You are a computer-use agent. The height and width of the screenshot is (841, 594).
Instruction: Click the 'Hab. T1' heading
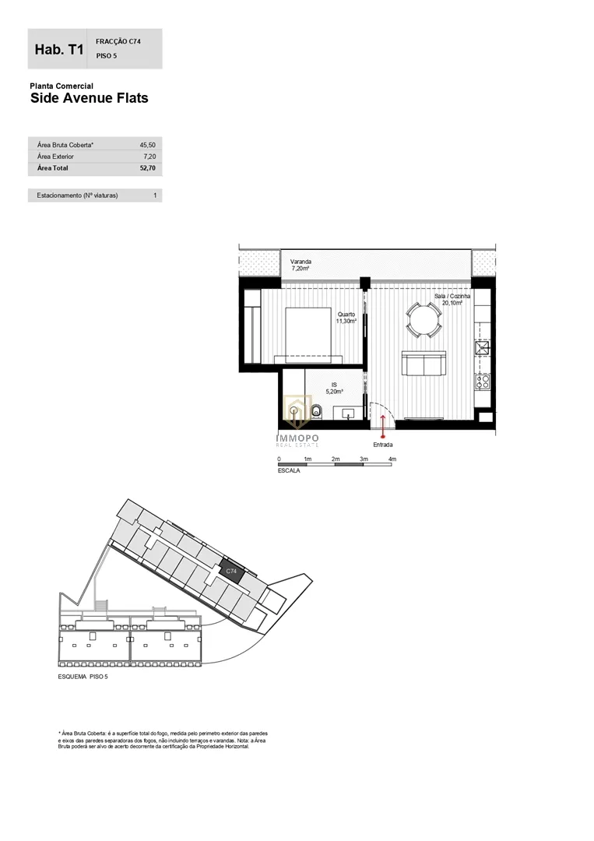click(59, 49)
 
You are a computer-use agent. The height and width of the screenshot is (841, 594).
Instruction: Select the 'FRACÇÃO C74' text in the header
click(118, 41)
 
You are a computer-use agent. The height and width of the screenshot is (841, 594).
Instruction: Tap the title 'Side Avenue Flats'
click(89, 98)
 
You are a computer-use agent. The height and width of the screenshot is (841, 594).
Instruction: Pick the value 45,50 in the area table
click(147, 145)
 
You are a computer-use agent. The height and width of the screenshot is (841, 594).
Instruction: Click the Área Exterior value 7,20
click(149, 157)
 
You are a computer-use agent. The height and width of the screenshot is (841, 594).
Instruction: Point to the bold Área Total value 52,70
click(147, 168)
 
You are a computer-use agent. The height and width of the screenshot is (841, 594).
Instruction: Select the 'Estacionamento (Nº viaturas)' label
click(77, 195)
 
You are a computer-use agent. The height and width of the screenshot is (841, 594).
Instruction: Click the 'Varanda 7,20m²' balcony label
click(301, 265)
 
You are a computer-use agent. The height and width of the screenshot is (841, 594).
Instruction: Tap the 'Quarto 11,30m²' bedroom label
click(346, 318)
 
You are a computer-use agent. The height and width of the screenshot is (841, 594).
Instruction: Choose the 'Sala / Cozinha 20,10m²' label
click(452, 299)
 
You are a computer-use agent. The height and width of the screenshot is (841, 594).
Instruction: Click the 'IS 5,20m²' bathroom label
click(334, 389)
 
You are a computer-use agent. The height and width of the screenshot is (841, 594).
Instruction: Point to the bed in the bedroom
click(308, 336)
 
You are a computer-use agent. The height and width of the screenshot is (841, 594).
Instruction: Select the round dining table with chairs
click(424, 320)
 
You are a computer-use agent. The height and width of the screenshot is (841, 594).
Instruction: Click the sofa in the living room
click(424, 364)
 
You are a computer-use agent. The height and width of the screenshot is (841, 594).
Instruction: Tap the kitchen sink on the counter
click(483, 347)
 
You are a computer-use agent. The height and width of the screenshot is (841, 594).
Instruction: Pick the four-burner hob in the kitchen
click(483, 382)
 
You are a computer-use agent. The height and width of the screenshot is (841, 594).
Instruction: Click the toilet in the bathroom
click(316, 412)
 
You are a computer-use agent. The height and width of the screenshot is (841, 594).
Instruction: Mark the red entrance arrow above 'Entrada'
click(383, 427)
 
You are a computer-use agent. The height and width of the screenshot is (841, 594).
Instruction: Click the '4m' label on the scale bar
click(392, 459)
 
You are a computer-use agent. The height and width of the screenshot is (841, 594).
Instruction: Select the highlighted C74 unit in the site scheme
click(231, 572)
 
